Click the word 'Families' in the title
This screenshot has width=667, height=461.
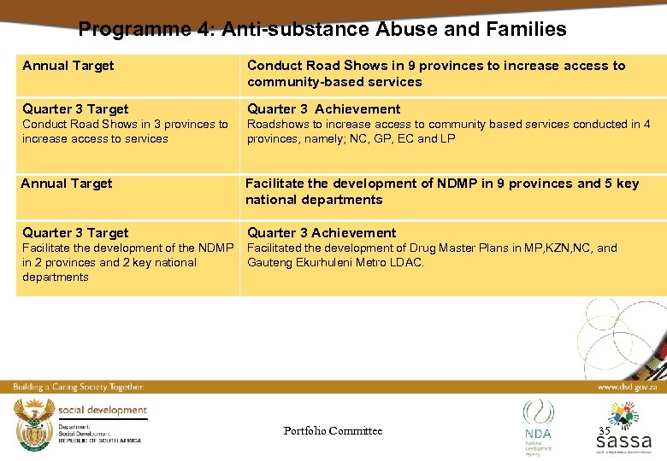(x=526, y=30)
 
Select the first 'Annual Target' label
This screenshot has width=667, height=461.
(x=68, y=66)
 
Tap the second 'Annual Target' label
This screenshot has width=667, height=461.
(x=67, y=184)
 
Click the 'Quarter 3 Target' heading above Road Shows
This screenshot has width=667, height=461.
(x=75, y=109)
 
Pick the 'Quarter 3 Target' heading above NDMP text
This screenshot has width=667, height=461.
(x=75, y=233)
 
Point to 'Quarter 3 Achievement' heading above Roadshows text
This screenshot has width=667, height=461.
(x=323, y=109)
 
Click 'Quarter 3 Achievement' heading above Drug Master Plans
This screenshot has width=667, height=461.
(x=322, y=233)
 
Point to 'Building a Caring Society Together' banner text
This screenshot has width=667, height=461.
(x=78, y=387)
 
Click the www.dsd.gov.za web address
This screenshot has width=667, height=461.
(x=626, y=387)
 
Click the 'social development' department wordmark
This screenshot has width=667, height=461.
(x=103, y=411)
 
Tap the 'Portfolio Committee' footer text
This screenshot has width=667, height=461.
(x=333, y=431)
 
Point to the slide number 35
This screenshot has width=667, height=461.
(x=605, y=431)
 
